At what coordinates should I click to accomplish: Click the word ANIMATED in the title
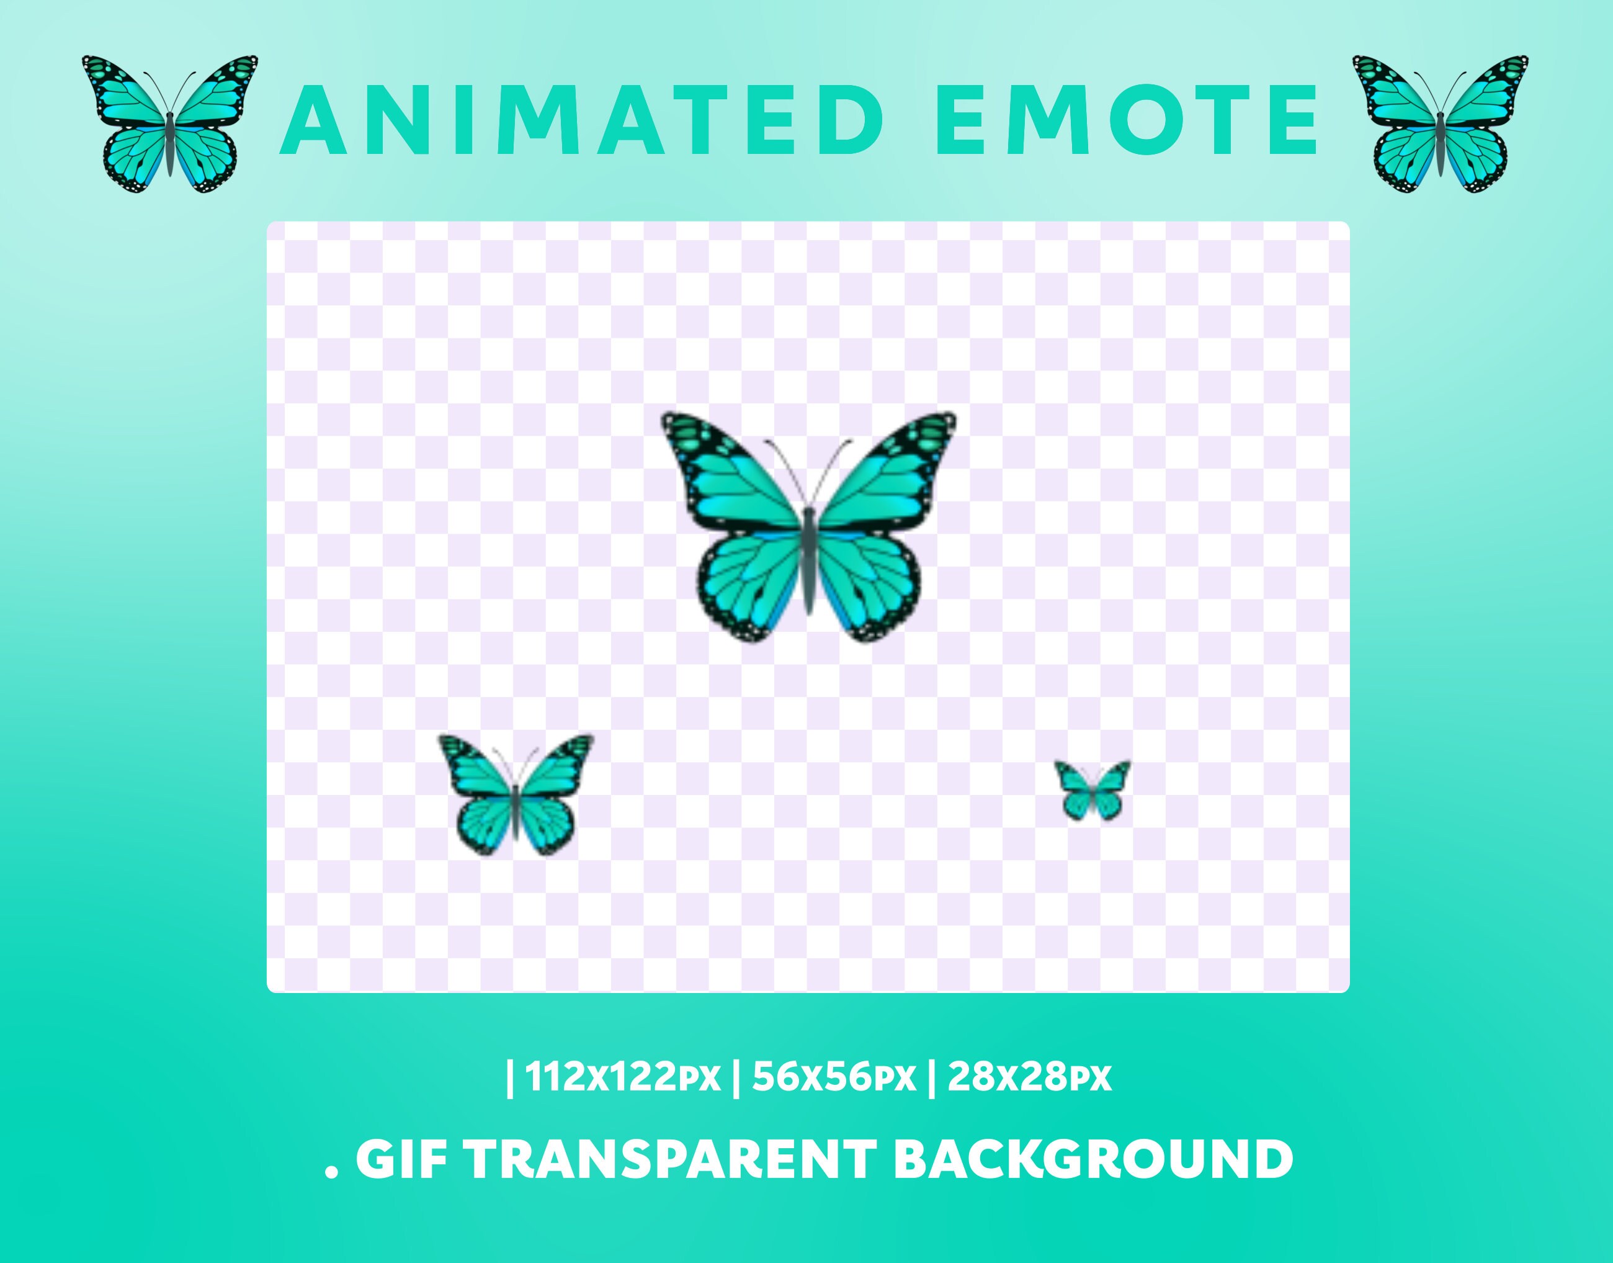pos(580,120)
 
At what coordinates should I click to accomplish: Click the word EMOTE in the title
pos(1125,120)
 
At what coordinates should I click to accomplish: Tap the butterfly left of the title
pos(170,124)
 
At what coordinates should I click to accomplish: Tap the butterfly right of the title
pos(1440,124)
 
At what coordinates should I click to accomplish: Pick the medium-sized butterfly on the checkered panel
pos(516,795)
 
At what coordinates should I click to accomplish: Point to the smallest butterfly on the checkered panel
pos(1092,789)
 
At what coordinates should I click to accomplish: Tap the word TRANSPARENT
pos(670,1159)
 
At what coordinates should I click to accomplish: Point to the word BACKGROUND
pos(1092,1159)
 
